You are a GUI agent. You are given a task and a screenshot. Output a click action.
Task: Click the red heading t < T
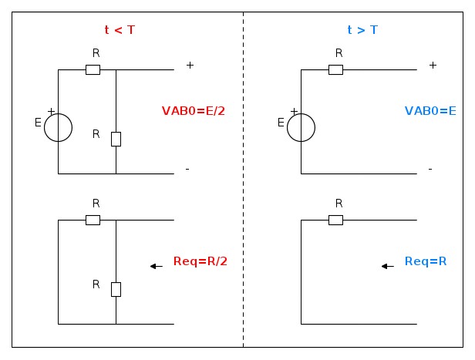point(120,30)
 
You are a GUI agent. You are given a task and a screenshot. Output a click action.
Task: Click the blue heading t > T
point(362,30)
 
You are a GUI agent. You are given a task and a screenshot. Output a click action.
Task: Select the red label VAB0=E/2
point(193,111)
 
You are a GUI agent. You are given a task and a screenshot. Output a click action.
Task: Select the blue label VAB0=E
point(430,111)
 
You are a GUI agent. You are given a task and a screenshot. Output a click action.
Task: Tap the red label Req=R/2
point(200,261)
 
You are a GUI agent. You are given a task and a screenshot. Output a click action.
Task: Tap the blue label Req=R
point(426,261)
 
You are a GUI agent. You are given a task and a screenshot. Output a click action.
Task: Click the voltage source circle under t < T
point(58,127)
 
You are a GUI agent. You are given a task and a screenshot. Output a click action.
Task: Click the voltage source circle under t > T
point(301,127)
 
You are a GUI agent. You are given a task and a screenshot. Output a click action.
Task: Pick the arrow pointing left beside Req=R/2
point(156,266)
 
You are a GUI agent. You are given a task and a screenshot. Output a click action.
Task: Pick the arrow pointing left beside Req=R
point(388,266)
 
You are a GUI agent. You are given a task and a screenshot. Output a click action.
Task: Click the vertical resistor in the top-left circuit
point(116,139)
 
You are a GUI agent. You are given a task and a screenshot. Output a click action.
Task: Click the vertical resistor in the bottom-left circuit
point(116,289)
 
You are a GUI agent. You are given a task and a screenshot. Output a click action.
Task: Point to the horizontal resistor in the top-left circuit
point(93,69)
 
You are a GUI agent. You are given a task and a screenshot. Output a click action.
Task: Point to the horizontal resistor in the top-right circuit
point(335,69)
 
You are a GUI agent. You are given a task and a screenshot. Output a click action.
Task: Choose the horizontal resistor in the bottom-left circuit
point(93,220)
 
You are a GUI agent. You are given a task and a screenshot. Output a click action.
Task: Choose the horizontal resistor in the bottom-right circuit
point(335,220)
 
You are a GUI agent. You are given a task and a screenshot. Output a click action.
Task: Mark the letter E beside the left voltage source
point(38,123)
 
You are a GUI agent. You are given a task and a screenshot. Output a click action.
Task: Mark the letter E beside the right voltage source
point(281,123)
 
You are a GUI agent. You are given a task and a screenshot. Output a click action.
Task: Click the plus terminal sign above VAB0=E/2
point(190,66)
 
